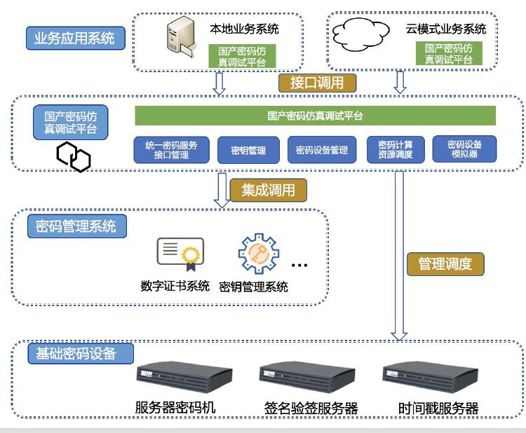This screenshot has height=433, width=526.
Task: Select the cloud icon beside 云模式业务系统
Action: (x=361, y=34)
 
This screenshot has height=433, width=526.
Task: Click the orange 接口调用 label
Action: (x=318, y=83)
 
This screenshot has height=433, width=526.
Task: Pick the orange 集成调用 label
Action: (x=269, y=190)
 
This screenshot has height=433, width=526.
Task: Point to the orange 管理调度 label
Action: (x=445, y=263)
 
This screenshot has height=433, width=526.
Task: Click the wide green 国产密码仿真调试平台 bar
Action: (x=315, y=116)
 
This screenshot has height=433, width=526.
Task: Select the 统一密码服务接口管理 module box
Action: (x=171, y=150)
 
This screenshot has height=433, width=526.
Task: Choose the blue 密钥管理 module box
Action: (x=248, y=150)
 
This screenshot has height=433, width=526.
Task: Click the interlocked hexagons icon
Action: (x=74, y=156)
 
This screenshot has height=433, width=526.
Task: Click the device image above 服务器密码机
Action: (x=184, y=378)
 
